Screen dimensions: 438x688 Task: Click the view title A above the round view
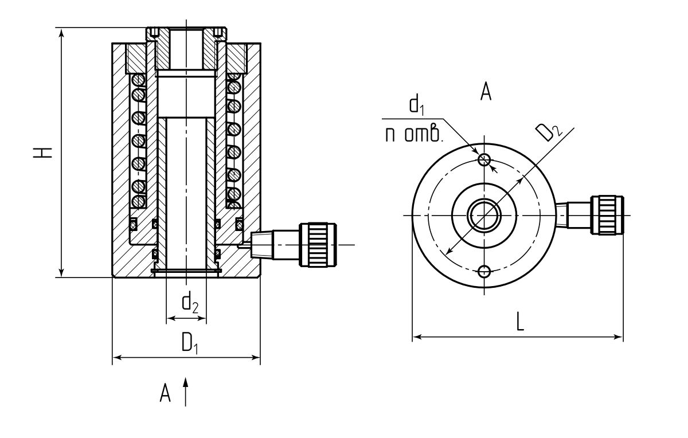[x=486, y=92]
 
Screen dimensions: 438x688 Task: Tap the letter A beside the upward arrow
[x=166, y=393]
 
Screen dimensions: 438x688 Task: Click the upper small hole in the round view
[x=484, y=159]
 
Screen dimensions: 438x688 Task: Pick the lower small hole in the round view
[x=484, y=271]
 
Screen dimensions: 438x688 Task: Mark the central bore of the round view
[x=484, y=215]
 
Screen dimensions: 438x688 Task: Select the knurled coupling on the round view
[x=607, y=214]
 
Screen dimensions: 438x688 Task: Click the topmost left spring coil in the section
[x=138, y=79]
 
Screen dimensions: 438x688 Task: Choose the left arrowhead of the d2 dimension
[x=169, y=317]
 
